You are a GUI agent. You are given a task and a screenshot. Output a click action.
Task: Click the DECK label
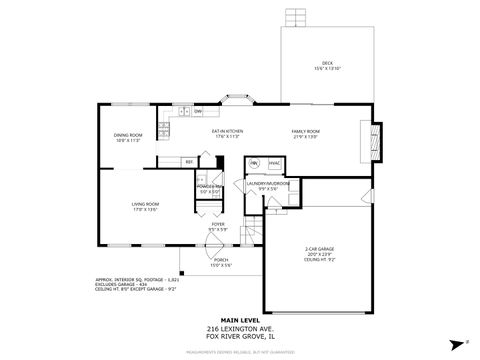pyautogui.click(x=326, y=65)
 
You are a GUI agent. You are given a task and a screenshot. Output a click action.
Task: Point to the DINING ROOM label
pyautogui.click(x=127, y=137)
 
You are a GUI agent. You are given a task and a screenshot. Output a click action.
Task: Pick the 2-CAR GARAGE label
pyautogui.click(x=319, y=251)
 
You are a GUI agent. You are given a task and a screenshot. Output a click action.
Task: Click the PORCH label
pyautogui.click(x=220, y=263)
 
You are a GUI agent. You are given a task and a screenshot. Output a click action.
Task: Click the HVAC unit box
pyautogui.click(x=273, y=162)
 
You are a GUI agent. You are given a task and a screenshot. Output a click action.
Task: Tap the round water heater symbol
pyautogui.click(x=254, y=162)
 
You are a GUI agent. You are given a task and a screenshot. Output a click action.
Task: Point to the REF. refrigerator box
pyautogui.click(x=189, y=161)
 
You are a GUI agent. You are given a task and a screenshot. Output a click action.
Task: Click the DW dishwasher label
pyautogui.click(x=198, y=111)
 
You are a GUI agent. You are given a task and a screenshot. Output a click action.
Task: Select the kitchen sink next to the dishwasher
pyautogui.click(x=184, y=111)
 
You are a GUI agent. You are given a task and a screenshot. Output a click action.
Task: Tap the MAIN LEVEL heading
pyautogui.click(x=239, y=320)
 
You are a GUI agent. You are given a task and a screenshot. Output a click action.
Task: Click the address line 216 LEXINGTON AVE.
pyautogui.click(x=239, y=328)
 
